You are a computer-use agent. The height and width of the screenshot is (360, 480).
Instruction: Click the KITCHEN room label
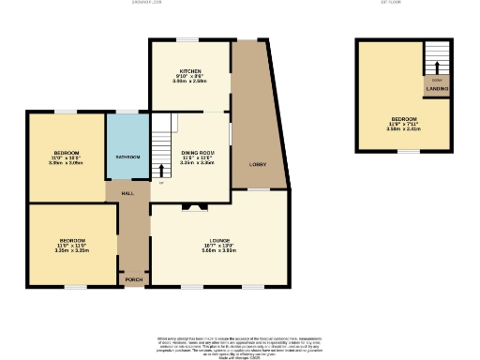[190, 72]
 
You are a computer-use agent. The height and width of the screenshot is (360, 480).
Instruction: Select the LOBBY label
[257, 164]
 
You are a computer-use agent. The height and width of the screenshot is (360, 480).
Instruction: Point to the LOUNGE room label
[221, 239]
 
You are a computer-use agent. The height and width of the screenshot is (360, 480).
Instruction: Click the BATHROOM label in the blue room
[127, 157]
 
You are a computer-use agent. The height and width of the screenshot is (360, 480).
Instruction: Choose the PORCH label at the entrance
[132, 279]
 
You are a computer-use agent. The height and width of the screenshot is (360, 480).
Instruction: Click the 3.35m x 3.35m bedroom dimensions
[71, 250]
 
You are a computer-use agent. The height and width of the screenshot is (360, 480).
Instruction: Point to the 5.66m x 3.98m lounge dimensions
[221, 250]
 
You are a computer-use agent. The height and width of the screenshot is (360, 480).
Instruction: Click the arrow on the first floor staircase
[434, 65]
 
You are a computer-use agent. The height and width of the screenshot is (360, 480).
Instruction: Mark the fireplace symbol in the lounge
[195, 207]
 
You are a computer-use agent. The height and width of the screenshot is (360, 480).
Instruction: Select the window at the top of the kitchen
[190, 39]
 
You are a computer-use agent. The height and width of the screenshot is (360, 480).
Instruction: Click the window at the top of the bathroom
[127, 113]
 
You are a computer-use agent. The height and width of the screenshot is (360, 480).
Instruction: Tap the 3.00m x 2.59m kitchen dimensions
[190, 83]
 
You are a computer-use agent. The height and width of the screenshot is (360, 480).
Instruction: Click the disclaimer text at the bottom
[239, 344]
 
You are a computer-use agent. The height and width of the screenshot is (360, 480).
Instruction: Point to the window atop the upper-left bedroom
[65, 113]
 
